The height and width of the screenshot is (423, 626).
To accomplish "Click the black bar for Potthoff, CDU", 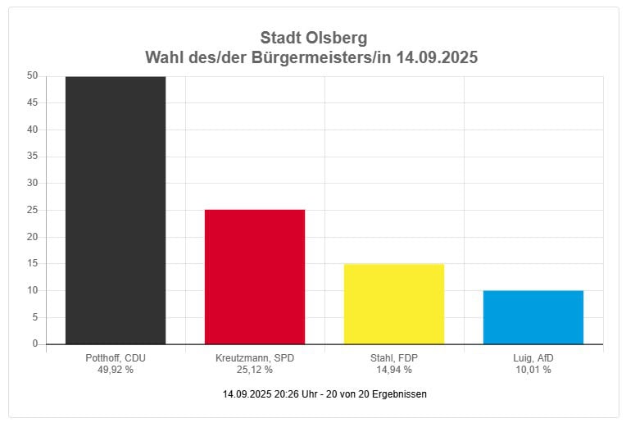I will click(116, 210).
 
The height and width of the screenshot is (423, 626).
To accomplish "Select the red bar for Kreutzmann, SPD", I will click(255, 276).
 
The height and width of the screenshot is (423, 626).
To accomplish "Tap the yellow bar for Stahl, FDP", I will click(394, 303).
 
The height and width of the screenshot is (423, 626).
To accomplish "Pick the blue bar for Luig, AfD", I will click(533, 316).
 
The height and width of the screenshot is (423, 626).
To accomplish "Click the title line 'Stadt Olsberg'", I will click(313, 38).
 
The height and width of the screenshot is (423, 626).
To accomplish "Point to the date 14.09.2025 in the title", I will click(436, 58).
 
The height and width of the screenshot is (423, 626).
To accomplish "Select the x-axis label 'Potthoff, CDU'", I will click(116, 358).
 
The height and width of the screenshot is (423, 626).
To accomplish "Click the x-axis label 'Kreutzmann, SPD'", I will click(255, 358).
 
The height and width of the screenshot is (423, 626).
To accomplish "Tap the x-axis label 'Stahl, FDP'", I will click(394, 358).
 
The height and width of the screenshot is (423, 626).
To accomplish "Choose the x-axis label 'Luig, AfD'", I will click(533, 358).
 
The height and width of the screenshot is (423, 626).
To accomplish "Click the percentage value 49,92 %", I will click(116, 370).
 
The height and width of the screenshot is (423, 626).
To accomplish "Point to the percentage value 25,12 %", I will click(255, 370).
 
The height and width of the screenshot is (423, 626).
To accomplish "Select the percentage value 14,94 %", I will click(394, 370).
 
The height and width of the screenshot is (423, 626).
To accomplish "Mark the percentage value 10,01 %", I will click(533, 370).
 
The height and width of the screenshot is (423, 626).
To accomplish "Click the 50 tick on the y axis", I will click(33, 75).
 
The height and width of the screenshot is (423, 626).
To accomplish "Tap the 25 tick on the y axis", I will click(33, 210).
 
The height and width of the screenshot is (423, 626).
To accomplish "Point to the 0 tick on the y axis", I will click(35, 344).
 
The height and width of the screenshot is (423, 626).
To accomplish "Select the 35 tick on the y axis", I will click(33, 156).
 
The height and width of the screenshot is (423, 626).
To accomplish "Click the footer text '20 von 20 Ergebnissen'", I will click(377, 394).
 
